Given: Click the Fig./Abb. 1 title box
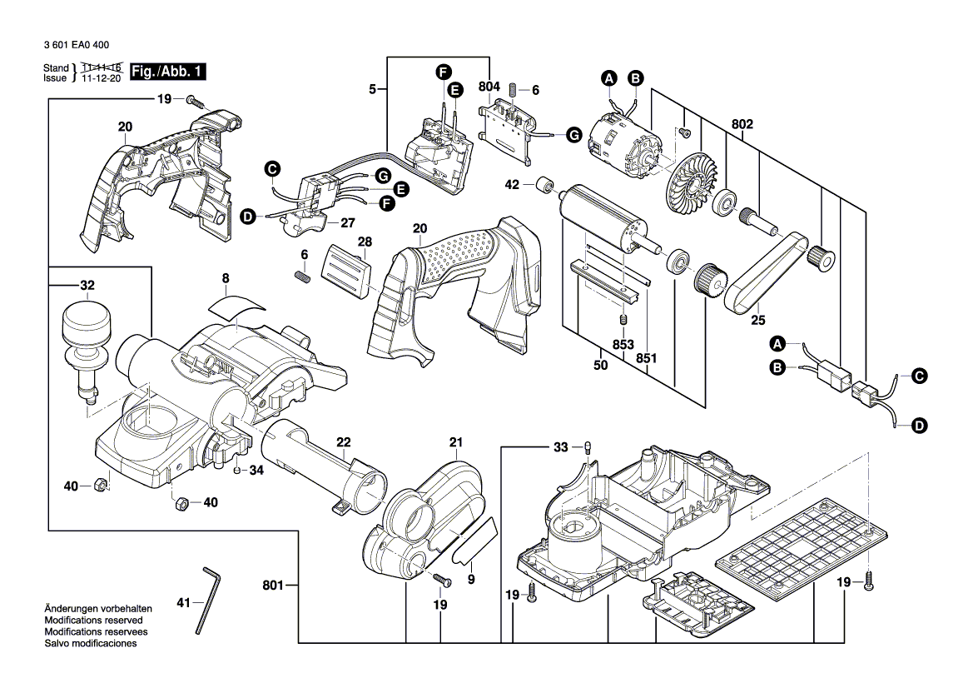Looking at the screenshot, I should click(166, 72).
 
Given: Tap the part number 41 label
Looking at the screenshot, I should click(184, 601).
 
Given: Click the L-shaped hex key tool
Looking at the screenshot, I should click(208, 600).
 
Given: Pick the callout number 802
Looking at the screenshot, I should click(742, 124).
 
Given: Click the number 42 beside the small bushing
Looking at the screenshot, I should click(513, 184).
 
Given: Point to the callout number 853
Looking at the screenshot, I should click(623, 345).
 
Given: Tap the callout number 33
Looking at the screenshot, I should click(561, 448).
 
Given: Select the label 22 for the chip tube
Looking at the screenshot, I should click(343, 442).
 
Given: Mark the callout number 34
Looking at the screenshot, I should click(256, 471).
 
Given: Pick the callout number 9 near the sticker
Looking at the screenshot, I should click(470, 577).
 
